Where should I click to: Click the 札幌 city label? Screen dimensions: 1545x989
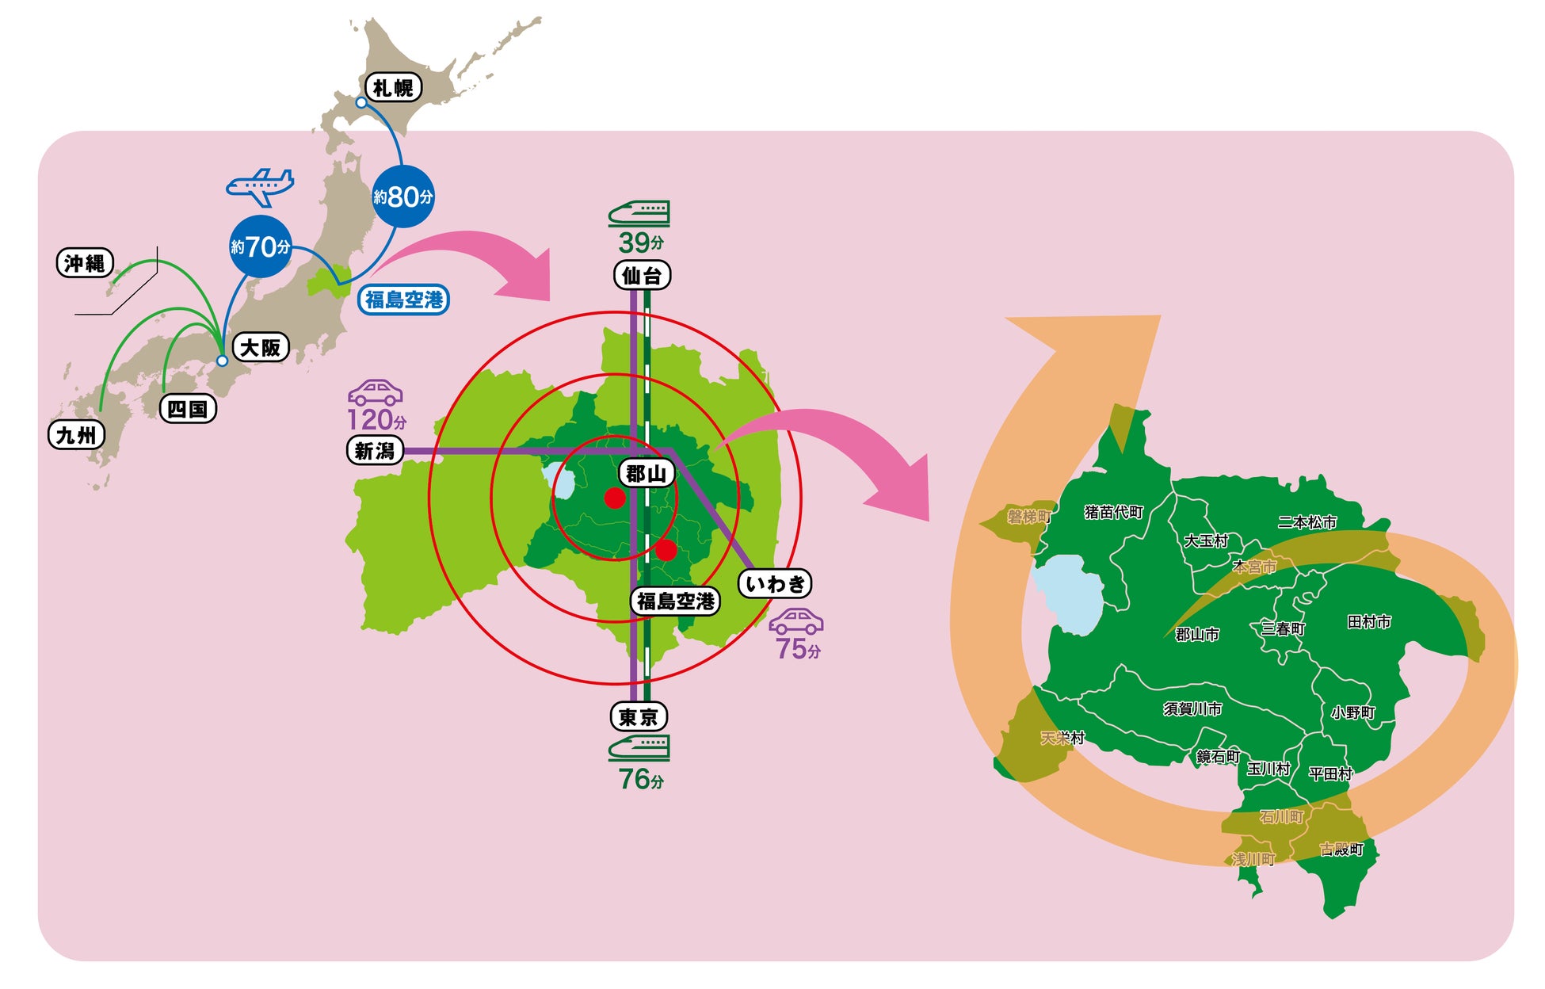pos(393,88)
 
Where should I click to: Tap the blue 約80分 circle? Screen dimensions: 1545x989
pos(403,197)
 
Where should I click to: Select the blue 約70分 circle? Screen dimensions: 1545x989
pos(260,246)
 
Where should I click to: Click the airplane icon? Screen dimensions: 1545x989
pos(260,187)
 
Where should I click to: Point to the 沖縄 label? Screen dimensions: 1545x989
pos(85,263)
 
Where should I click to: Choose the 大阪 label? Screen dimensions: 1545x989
pos(260,347)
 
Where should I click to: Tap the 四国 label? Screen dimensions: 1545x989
pos(188,409)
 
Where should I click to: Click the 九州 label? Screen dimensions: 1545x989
pos(76,435)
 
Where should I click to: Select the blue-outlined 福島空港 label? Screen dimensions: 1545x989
pos(403,300)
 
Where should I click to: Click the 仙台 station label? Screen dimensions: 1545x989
pos(642,276)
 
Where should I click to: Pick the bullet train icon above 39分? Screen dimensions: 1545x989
pos(639,213)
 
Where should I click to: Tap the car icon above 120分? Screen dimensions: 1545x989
pos(376,393)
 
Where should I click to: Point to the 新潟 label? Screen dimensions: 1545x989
pos(375,451)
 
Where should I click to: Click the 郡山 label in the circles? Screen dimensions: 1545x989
pos(646,474)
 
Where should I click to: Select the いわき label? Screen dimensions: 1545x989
pos(775,584)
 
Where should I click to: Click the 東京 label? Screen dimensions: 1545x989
pos(639,717)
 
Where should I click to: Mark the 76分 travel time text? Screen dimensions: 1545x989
pos(641,780)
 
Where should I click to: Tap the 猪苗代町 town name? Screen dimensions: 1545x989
pos(1114,513)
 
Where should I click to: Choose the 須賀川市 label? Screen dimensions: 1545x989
pos(1192,709)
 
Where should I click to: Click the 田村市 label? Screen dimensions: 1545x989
pos(1369,622)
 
